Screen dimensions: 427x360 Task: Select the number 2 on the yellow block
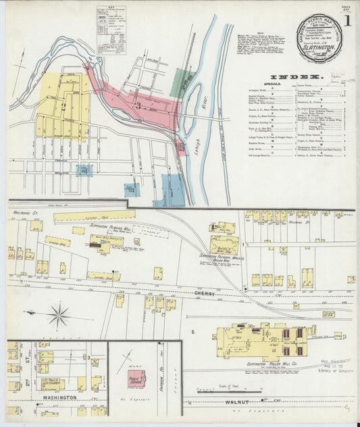click(x=63, y=106)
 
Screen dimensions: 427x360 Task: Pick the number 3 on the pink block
click(x=138, y=105)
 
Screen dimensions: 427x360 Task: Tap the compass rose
click(x=59, y=315)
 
